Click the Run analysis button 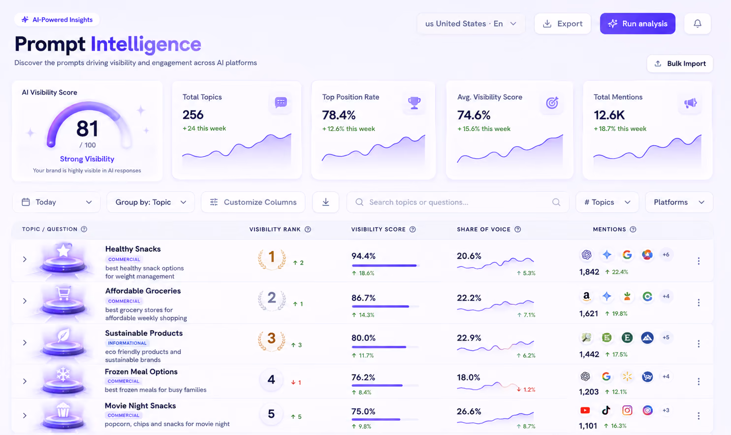pos(637,24)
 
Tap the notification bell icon pos(698,24)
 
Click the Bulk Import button pos(680,64)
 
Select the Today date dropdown pos(57,202)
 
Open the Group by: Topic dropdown pos(151,202)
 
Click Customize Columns pos(253,202)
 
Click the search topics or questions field pos(457,202)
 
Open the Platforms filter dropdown pos(679,202)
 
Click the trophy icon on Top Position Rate pos(414,103)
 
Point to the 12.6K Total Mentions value pos(609,115)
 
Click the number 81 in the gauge pos(87,129)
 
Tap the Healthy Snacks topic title pos(133,249)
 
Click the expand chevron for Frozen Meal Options pos(25,381)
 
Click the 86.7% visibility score pos(363,298)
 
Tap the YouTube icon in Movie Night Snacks pos(585,410)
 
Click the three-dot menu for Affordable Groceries pos(699,302)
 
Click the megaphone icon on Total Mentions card pos(690,103)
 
